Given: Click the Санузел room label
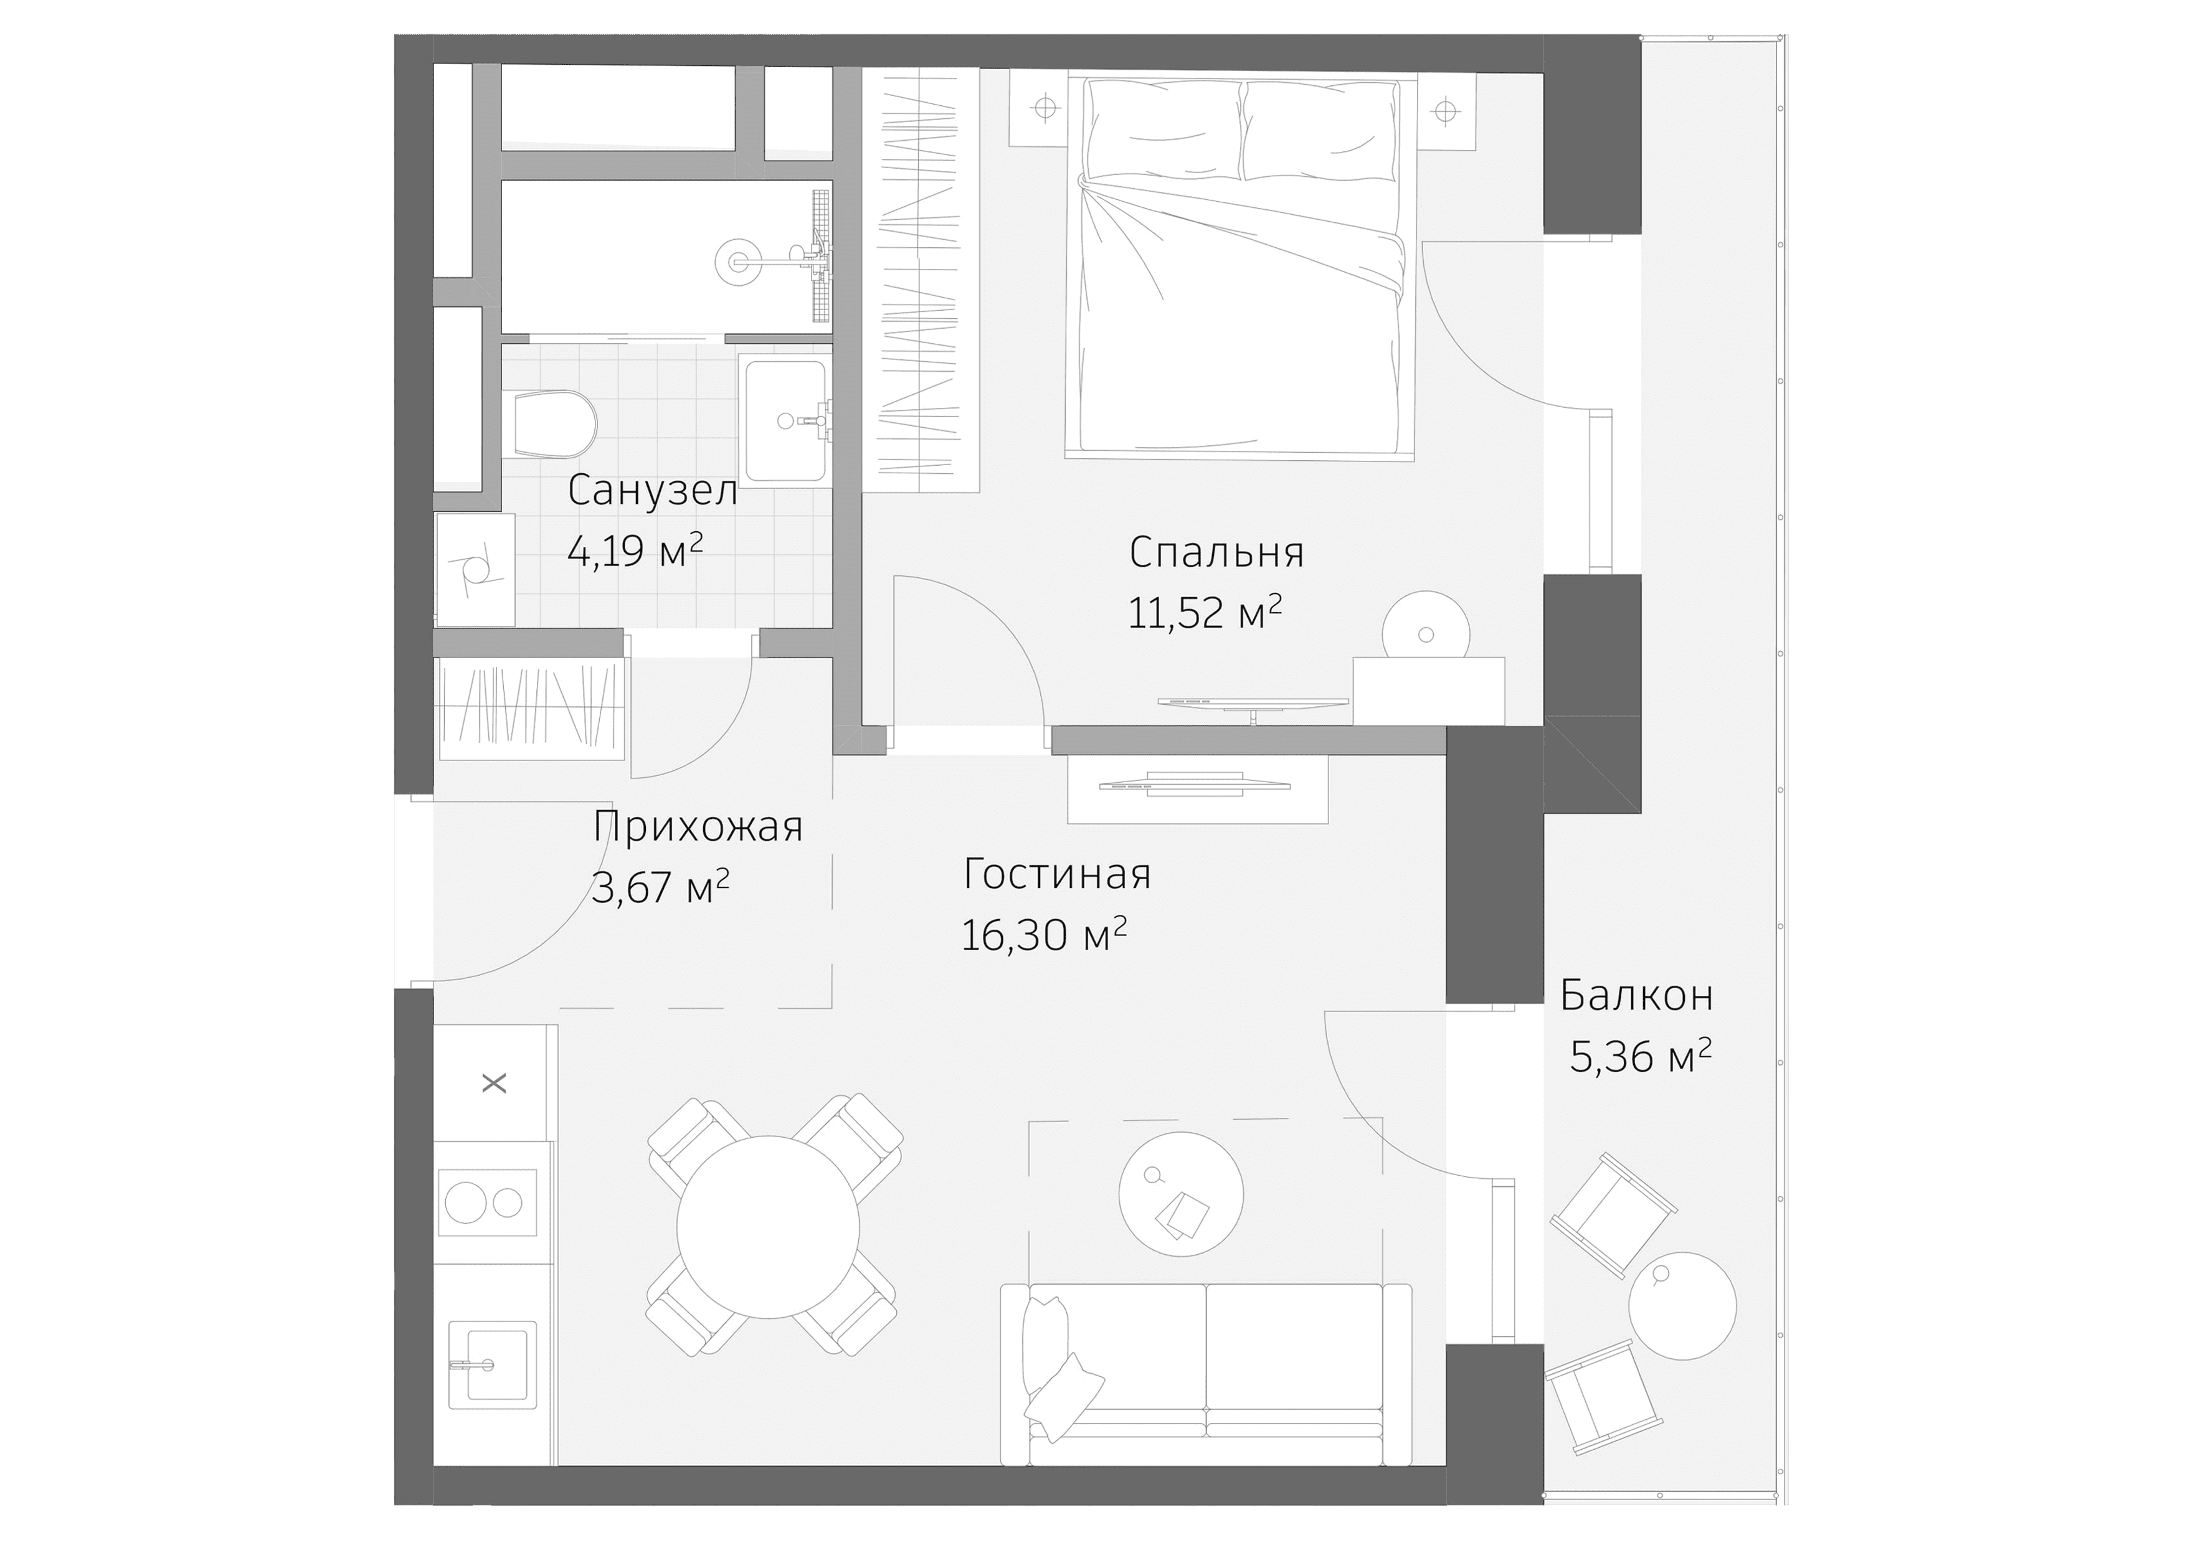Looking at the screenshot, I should (x=652, y=491).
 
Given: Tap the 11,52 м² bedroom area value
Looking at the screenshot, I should (x=1204, y=613).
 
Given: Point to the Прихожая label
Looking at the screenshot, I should (x=698, y=827).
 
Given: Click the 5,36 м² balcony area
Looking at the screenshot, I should (x=1640, y=1056).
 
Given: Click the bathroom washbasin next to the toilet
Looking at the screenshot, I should (x=784, y=420).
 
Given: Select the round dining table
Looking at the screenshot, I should (x=768, y=1227).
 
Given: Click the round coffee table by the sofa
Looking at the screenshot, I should (x=1180, y=1194).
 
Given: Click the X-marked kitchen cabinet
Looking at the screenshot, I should (x=494, y=1083).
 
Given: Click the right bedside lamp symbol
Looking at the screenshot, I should (x=1446, y=111).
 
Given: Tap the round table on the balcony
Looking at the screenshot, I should (x=1682, y=1305).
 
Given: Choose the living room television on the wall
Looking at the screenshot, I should (x=1194, y=787).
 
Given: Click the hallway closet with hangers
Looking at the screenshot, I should (x=529, y=709).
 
